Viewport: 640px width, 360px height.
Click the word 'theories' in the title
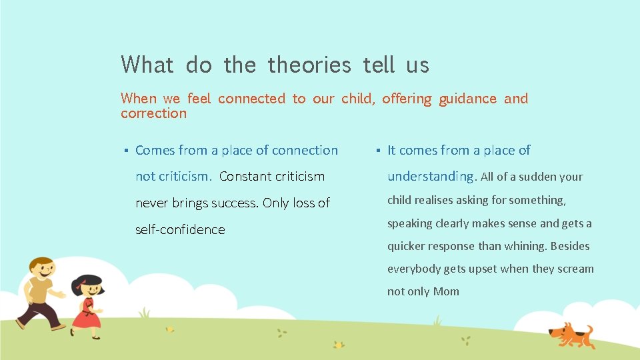point(309,65)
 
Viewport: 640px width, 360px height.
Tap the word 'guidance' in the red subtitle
point(467,99)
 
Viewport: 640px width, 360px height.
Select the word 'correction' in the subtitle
point(153,113)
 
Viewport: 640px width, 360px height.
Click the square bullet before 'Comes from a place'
point(125,151)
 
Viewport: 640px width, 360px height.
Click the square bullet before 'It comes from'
point(377,151)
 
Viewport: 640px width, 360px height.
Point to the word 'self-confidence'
point(180,229)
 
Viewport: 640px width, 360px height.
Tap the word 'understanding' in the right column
point(431,177)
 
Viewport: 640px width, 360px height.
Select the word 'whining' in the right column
point(523,246)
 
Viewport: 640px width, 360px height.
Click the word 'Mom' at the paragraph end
point(446,291)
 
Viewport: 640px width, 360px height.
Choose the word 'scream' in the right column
point(575,269)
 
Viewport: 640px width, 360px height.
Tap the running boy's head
point(42,269)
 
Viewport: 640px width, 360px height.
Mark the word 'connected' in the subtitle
point(251,99)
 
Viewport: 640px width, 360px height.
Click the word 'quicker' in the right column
point(406,246)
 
